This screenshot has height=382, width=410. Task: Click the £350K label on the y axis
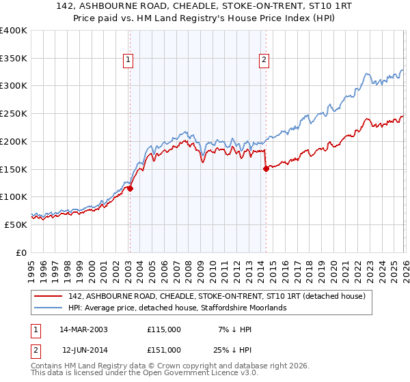tap(14, 59)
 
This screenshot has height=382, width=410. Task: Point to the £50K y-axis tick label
tap(16, 224)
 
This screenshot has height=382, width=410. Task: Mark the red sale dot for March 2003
tap(130, 189)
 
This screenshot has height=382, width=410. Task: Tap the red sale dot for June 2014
tap(265, 169)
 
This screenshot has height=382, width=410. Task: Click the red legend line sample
tap(49, 296)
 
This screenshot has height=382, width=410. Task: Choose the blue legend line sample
tap(49, 308)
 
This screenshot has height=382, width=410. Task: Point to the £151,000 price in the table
tap(164, 350)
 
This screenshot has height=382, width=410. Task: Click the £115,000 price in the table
tap(164, 329)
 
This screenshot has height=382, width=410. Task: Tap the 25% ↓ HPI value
tap(237, 350)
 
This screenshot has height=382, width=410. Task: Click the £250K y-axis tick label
tap(14, 114)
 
